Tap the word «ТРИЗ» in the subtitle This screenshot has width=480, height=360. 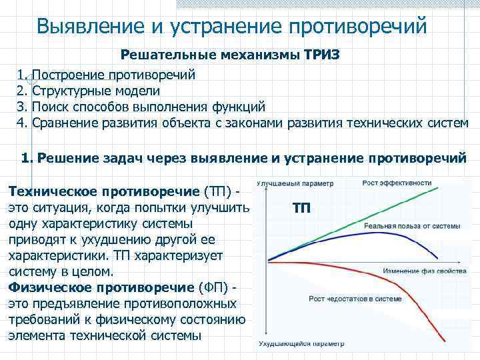[322, 55]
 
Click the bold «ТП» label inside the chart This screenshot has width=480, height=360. [301, 208]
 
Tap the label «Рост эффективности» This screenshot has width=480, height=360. [397, 183]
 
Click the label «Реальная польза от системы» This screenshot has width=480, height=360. [411, 227]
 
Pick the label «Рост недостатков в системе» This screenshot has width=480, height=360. [357, 298]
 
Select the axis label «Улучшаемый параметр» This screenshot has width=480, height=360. [290, 183]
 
